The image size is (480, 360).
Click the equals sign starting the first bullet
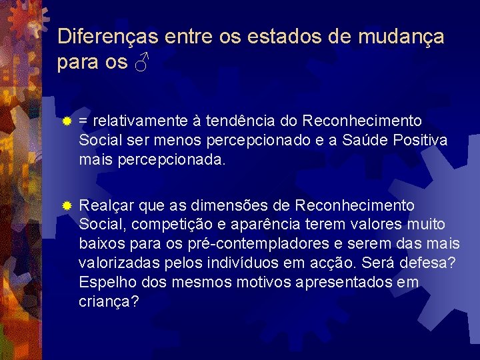point(83,122)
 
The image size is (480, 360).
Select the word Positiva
point(421,141)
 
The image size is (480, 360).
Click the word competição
point(157,225)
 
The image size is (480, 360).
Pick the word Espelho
point(103,282)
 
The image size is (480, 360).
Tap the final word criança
point(109,301)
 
